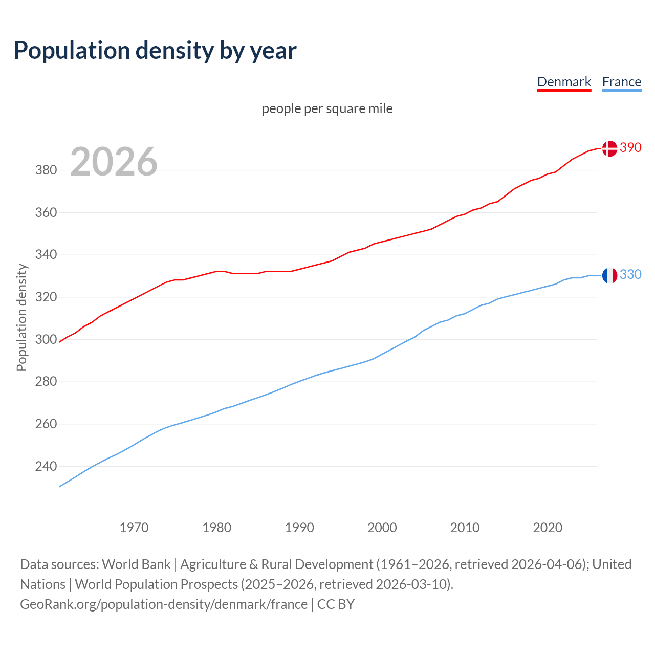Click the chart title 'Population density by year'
tap(155, 51)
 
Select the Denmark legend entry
tap(564, 82)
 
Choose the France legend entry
tap(621, 82)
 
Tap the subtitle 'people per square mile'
tap(327, 108)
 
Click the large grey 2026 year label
tap(114, 162)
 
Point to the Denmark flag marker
tap(609, 148)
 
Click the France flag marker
tap(609, 275)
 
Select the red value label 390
tap(630, 147)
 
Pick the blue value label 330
tap(630, 275)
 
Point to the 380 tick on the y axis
tap(46, 170)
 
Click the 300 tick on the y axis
tap(46, 339)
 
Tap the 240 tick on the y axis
tap(46, 466)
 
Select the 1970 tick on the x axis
tap(134, 527)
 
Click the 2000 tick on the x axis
tap(382, 527)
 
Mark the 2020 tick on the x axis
tap(548, 527)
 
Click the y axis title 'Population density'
tap(21, 317)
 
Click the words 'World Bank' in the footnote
tap(136, 564)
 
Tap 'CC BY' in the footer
tap(336, 604)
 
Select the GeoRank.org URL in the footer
tap(164, 604)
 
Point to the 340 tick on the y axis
tap(46, 254)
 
